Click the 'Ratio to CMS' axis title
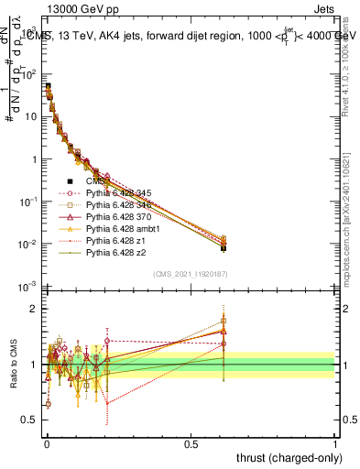coord(13,365)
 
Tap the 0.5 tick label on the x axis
coord(191,442)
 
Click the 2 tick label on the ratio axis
coord(32,308)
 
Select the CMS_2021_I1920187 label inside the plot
coord(190,274)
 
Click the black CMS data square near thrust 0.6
coord(224,248)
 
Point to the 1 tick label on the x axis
coord(335,442)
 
